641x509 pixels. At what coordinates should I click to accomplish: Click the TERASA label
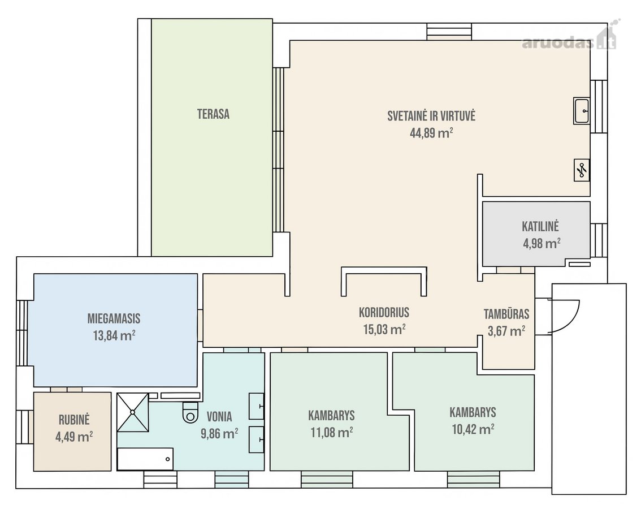[x=213, y=114]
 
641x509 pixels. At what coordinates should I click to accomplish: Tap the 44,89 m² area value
[x=431, y=133]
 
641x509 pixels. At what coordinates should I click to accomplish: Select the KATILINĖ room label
[x=540, y=226]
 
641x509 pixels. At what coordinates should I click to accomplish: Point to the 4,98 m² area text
[x=542, y=243]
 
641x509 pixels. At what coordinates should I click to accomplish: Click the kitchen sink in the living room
[x=581, y=111]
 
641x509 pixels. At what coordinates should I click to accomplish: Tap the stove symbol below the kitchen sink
[x=582, y=170]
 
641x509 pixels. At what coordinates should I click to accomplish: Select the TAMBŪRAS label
[x=506, y=314]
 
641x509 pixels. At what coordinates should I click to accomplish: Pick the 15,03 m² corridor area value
[x=384, y=329]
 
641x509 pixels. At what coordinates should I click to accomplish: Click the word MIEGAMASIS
[x=114, y=318]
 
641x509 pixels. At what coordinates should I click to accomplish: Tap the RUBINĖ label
[x=74, y=420]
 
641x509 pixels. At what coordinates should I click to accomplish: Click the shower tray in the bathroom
[x=133, y=412]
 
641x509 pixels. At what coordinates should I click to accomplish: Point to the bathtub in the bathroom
[x=145, y=459]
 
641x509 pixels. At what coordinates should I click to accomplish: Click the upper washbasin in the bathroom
[x=257, y=406]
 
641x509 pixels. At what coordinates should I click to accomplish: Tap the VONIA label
[x=219, y=417]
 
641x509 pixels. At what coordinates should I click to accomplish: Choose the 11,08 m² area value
[x=332, y=432]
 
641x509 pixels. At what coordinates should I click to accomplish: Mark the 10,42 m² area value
[x=473, y=429]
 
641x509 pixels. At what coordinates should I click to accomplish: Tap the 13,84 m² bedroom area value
[x=114, y=336]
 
